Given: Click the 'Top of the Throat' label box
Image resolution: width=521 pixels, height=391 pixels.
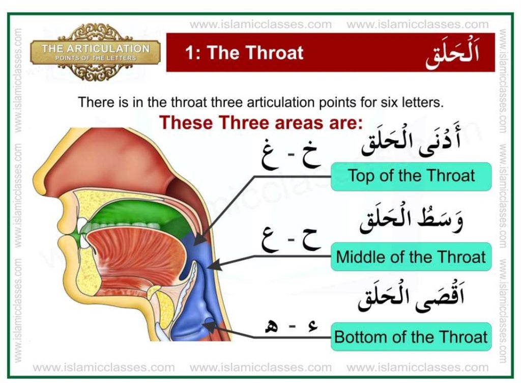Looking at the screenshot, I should tap(411, 176).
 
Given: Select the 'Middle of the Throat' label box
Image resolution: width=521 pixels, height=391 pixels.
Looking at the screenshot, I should tap(411, 256).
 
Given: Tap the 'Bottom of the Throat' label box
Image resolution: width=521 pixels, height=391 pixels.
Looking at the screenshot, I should tap(411, 337).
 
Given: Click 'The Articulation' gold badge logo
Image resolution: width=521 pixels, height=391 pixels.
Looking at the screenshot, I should tap(96, 52).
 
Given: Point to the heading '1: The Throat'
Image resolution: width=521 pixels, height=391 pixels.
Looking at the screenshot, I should tap(244, 53).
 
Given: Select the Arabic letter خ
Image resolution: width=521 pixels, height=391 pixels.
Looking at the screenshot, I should tap(308, 154).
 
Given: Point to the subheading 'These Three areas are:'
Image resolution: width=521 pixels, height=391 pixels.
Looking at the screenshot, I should tap(260, 123).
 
